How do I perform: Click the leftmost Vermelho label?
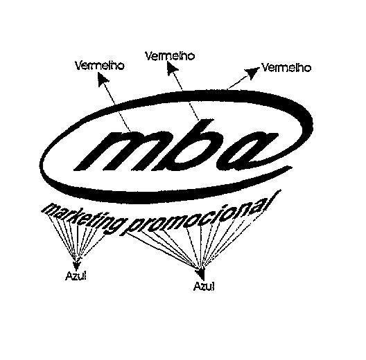[x=99, y=66]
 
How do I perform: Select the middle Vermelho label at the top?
[x=170, y=56]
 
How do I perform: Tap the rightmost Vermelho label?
[x=286, y=68]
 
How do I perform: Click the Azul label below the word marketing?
[x=76, y=276]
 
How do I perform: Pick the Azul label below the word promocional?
[x=204, y=286]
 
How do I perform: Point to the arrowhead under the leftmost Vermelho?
[x=103, y=80]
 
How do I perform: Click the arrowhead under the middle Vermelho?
[x=173, y=69]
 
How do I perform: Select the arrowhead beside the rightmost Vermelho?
[x=252, y=73]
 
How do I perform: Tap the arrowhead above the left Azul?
[x=76, y=265]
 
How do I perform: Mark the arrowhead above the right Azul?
[x=201, y=274]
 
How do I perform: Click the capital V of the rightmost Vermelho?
[x=265, y=67]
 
